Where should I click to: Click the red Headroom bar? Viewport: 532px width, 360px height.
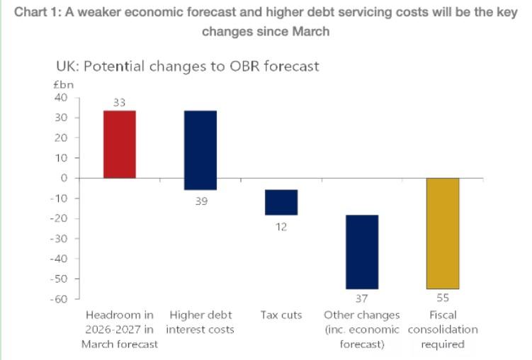tap(119, 145)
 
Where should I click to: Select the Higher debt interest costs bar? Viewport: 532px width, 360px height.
tap(200, 150)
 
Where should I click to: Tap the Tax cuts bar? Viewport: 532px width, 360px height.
tap(281, 202)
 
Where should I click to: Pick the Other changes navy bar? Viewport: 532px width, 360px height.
tap(362, 252)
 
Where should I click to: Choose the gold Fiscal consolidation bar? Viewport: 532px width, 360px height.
tap(443, 233)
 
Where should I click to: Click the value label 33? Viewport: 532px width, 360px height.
tap(119, 103)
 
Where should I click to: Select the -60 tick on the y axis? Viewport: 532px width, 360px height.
tap(59, 298)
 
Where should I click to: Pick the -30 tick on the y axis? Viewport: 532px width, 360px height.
tap(59, 238)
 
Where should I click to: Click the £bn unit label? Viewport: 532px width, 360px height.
tap(64, 84)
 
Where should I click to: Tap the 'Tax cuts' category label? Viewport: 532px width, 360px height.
tap(281, 315)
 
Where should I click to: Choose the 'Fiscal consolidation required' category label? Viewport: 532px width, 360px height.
tap(443, 330)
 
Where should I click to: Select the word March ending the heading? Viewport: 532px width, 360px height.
tap(310, 32)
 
